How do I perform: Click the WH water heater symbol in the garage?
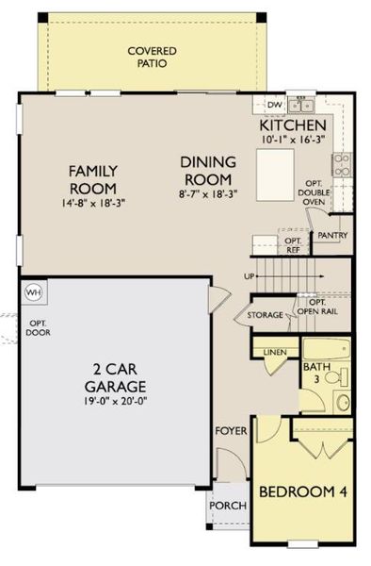tap(34, 291)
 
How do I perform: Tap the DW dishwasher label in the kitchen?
tap(275, 105)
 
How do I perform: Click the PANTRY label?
tap(333, 235)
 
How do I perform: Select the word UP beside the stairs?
tap(249, 276)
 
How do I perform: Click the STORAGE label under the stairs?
tap(265, 315)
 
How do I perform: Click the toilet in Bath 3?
tap(342, 379)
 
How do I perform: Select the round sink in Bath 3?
tap(342, 404)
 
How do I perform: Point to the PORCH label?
tap(229, 507)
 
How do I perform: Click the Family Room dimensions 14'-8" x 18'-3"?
tap(92, 202)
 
